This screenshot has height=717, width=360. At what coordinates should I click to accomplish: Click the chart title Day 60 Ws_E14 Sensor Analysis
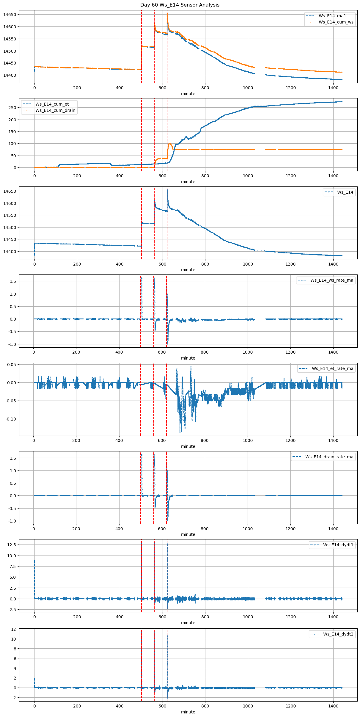[180, 5]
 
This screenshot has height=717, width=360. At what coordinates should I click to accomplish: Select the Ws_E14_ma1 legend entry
[332, 16]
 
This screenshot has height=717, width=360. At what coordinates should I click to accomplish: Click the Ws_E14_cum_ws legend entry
[336, 22]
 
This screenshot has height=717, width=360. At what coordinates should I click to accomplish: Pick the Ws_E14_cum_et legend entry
[52, 104]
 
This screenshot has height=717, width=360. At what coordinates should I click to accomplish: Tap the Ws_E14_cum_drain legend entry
[55, 110]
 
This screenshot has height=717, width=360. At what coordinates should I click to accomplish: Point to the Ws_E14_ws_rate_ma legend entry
[332, 280]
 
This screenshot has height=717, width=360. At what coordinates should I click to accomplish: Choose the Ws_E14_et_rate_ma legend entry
[332, 368]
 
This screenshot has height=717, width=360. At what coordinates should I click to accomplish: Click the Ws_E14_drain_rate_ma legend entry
[329, 457]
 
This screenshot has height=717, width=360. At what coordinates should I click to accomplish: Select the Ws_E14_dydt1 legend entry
[338, 545]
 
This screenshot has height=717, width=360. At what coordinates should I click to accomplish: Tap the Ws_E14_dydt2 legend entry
[338, 634]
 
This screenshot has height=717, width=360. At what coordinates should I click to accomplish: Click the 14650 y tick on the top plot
[10, 15]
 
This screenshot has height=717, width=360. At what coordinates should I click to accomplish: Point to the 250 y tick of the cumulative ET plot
[12, 108]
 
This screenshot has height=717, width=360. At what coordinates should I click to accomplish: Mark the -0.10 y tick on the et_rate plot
[11, 419]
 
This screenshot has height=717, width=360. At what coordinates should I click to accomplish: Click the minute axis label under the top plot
[188, 94]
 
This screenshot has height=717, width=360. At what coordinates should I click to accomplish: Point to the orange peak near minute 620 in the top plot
[167, 13]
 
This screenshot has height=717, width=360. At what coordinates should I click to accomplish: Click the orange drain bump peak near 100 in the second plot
[170, 144]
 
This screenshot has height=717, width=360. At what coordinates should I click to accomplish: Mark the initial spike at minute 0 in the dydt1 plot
[34, 561]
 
